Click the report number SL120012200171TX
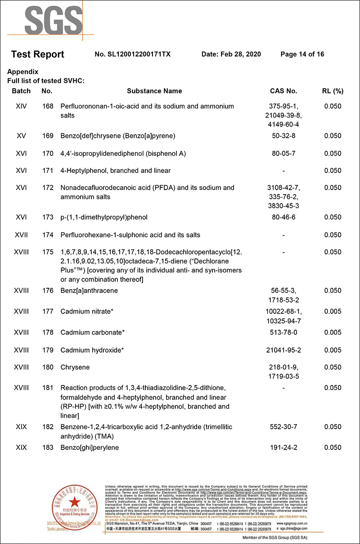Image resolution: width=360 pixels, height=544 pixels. [x=133, y=54]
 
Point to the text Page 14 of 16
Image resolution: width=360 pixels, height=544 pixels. [x=302, y=54]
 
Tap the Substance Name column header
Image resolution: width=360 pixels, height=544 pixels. [x=154, y=91]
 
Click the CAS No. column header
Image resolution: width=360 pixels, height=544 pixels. [x=283, y=91]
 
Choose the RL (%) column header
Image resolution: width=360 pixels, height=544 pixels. [x=333, y=91]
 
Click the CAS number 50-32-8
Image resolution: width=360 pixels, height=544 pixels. [x=283, y=136]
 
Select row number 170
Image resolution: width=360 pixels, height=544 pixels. [x=47, y=154]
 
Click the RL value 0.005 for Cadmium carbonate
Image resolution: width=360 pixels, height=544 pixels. [x=333, y=333]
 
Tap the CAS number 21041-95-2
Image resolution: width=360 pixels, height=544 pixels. [x=283, y=350]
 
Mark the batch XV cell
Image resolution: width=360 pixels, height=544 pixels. [x=21, y=136]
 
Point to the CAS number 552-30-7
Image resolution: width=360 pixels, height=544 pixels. [x=283, y=427]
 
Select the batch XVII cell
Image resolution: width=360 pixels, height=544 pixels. [x=21, y=235]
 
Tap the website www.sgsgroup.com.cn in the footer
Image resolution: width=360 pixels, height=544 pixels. [x=292, y=524]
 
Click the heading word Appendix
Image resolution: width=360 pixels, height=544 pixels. [x=23, y=72]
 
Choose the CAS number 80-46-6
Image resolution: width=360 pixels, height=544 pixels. [x=283, y=218]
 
